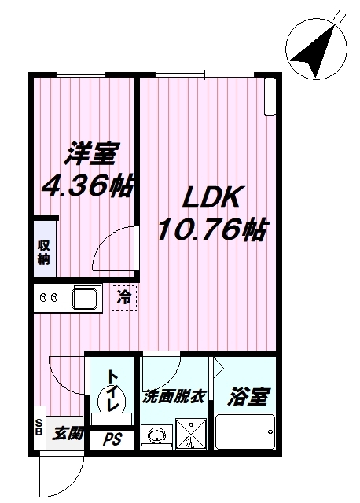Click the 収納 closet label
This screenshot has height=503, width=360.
[x=44, y=251]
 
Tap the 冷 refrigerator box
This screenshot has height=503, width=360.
[x=124, y=298]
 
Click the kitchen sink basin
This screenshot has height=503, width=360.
[x=85, y=298]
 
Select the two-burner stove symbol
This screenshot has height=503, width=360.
[x=49, y=298]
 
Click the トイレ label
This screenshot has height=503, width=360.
[x=113, y=388]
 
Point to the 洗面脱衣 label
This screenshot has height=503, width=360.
[x=174, y=397]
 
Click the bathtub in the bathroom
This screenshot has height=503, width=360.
[x=244, y=431]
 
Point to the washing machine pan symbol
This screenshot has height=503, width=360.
[x=191, y=435]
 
